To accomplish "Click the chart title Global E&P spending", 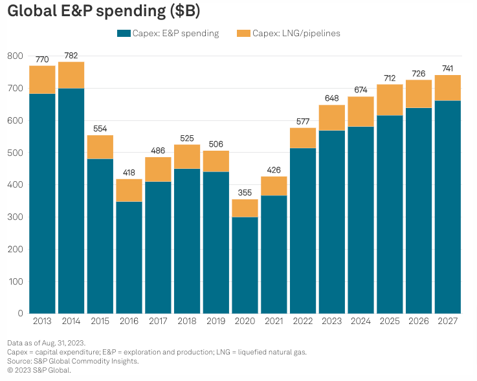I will point(104,12).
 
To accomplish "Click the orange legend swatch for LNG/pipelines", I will point(243,34).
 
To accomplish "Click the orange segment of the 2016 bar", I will point(129,190).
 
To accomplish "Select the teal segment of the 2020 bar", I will point(245,265).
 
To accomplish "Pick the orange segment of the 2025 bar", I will point(390,100).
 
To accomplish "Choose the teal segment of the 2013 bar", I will point(42,204).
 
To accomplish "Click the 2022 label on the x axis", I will point(303,321).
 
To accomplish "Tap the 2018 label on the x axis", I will point(187,321).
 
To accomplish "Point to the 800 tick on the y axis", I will point(16,56).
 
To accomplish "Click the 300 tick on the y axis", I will point(16,217).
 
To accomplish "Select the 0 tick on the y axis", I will point(20,314).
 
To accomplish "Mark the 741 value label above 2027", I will point(447,69).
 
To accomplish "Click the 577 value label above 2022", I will point(303,122).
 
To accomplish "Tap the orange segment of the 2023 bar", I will point(331,118).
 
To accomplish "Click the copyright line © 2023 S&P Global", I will point(39,370).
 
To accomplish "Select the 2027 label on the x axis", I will point(447,321).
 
